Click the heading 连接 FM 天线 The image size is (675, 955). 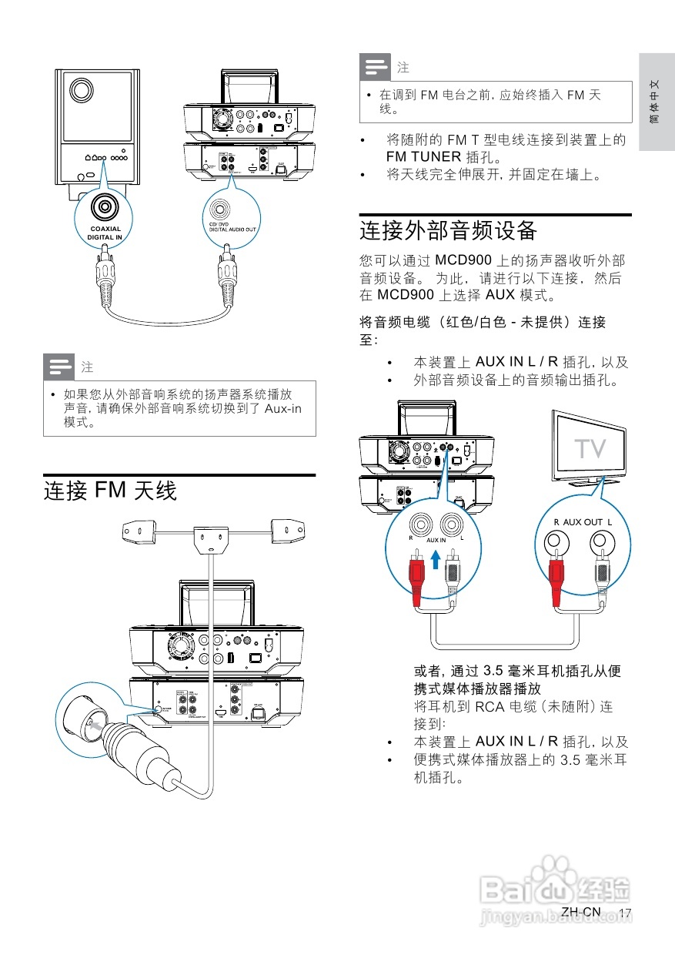(x=110, y=491)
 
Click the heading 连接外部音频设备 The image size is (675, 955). (x=447, y=230)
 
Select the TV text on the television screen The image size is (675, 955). (x=590, y=448)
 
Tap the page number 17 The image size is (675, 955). (x=624, y=913)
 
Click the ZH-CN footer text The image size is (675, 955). (x=580, y=912)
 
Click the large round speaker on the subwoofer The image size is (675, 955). (x=79, y=90)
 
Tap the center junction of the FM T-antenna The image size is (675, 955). (x=209, y=537)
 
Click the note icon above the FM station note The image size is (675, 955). (x=376, y=68)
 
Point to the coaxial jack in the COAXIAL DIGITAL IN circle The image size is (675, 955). (x=104, y=206)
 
